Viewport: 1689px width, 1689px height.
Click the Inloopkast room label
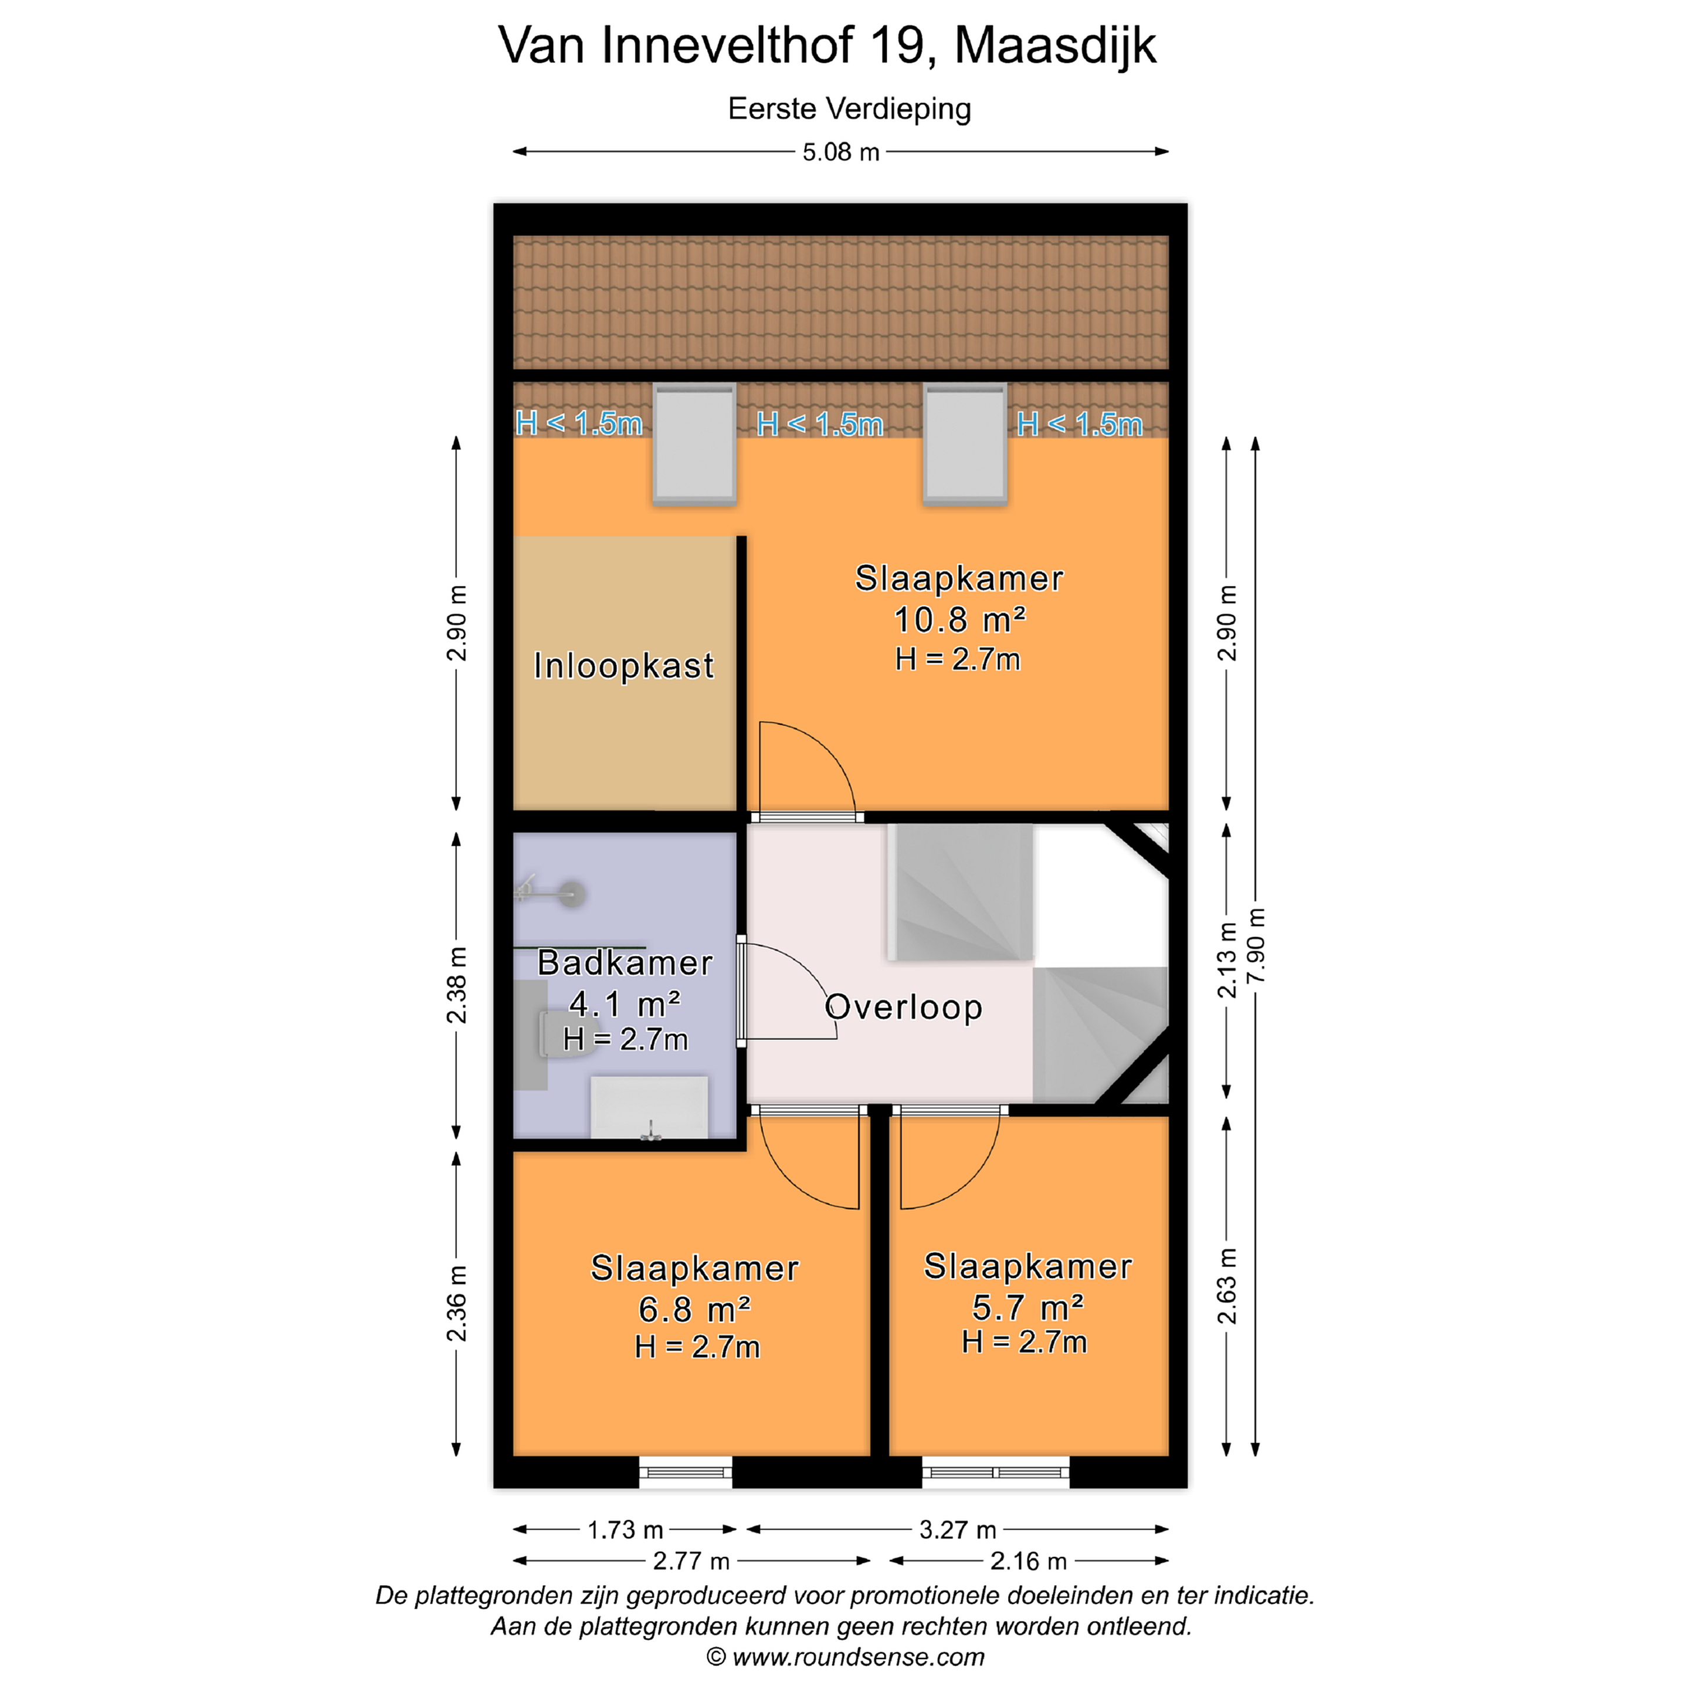coord(623,666)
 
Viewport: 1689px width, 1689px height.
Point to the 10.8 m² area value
coord(959,620)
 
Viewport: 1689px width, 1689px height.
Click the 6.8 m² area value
coord(695,1310)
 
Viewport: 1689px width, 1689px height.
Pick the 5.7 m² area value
coord(1028,1308)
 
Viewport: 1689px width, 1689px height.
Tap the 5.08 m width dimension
coord(841,152)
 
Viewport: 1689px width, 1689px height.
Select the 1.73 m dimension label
coord(625,1530)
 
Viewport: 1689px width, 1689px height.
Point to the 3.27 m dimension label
coord(958,1530)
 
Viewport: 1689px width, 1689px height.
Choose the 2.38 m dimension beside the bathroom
coord(456,985)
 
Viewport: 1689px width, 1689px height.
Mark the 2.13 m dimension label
coord(1227,960)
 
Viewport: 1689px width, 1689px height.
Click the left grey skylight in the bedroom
coord(694,445)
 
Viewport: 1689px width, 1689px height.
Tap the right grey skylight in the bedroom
coord(965,445)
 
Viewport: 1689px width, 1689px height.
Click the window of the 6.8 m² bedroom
coord(686,1472)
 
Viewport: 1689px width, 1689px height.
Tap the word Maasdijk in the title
coord(1055,46)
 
